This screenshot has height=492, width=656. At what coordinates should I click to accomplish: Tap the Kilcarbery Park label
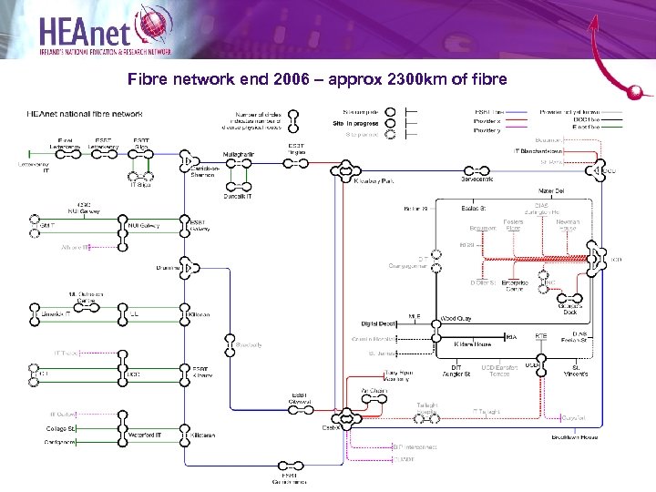(x=374, y=181)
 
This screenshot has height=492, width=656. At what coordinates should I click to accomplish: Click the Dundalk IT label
(x=238, y=196)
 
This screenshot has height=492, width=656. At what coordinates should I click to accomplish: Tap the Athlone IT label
(x=75, y=247)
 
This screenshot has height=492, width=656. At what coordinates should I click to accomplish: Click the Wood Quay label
(x=456, y=319)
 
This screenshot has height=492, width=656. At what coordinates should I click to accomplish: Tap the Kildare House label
(x=473, y=344)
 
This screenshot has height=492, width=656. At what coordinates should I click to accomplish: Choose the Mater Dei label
(x=551, y=190)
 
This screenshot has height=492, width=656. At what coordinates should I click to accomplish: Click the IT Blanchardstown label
(x=544, y=150)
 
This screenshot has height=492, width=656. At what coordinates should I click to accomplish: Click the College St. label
(x=61, y=428)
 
